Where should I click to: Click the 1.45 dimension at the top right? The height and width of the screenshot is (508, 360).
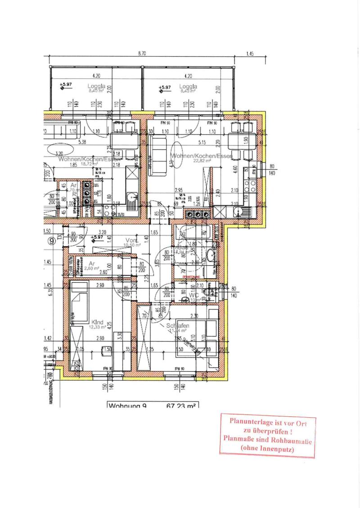tap(250, 53)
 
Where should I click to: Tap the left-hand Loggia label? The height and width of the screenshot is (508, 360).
tap(96, 85)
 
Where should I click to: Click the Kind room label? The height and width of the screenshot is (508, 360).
tap(97, 322)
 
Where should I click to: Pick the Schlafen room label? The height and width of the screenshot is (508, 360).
tap(177, 326)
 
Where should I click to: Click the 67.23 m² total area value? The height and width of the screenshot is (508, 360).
tap(181, 406)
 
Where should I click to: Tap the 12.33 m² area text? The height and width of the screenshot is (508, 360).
tap(98, 327)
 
